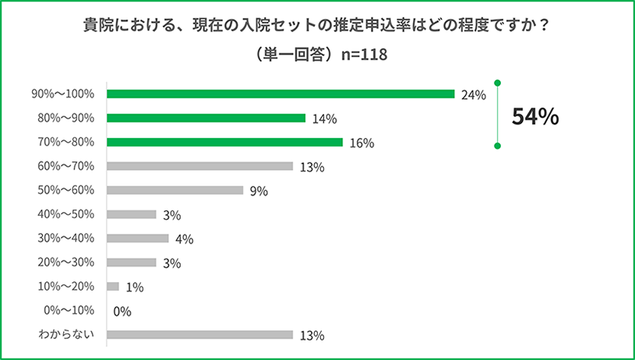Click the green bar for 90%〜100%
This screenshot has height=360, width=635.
coord(280,94)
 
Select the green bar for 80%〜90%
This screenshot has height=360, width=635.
coord(206,118)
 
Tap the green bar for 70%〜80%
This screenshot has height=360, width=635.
coord(224,143)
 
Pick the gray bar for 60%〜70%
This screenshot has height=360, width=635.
coord(199,167)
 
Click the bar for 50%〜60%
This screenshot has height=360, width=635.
coord(175,190)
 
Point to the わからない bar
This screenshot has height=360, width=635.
coord(199,336)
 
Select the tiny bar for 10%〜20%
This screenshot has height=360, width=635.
coord(113,287)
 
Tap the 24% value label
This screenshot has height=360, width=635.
coord(473,95)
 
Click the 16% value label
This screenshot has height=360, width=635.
coord(362,143)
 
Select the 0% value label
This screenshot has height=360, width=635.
coord(122,312)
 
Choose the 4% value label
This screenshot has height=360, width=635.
coord(184,239)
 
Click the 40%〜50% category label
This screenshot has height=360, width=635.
coord(67,214)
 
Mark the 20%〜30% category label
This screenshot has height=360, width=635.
coord(67,263)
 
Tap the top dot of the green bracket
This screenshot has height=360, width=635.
coord(497,82)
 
